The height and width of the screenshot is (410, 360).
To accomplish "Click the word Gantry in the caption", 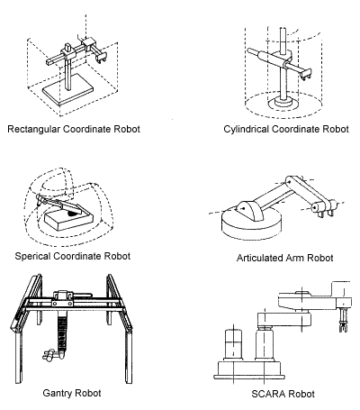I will tap(58, 393).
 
